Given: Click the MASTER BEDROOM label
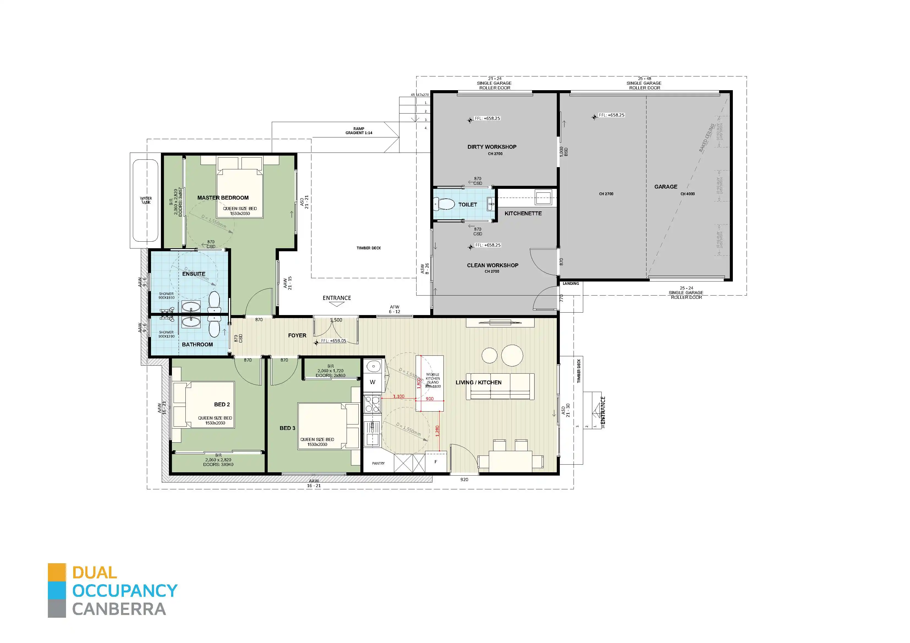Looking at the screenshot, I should click(223, 198).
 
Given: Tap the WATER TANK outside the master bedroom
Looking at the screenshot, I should click(146, 200).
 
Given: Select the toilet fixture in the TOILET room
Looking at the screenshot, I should click(445, 205).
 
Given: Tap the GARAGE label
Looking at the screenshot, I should click(665, 187).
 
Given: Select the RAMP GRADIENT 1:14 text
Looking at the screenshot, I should click(359, 131).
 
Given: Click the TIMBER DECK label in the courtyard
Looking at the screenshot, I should click(369, 248).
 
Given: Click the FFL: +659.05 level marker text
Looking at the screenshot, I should click(333, 341).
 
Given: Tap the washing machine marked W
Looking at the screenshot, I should click(372, 382).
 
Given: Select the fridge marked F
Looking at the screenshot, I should click(435, 462).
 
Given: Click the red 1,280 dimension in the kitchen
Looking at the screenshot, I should click(437, 431).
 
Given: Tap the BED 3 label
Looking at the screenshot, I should click(287, 428).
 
